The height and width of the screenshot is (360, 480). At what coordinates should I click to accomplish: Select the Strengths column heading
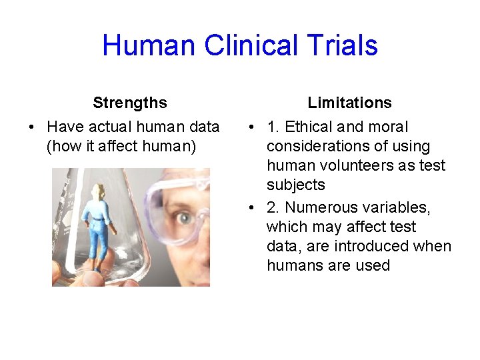(130, 103)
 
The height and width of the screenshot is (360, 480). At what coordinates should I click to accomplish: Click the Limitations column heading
(349, 103)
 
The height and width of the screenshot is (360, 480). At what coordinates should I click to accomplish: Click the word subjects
(295, 185)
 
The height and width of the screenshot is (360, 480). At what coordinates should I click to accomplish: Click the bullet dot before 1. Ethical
(249, 127)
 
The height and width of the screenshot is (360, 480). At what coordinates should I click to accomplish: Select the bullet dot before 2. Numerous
(249, 207)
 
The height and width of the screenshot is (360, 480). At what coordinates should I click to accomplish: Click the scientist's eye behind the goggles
(182, 217)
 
